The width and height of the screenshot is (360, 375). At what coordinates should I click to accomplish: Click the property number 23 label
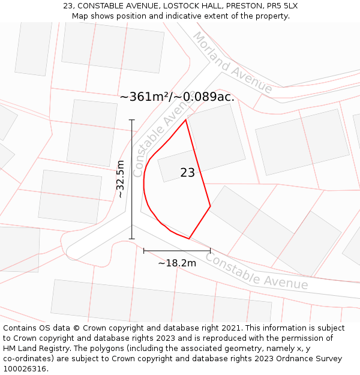tap(187, 173)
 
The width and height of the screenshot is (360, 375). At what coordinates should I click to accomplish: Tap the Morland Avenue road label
tap(232, 62)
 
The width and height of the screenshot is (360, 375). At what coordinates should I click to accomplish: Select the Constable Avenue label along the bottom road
tap(256, 272)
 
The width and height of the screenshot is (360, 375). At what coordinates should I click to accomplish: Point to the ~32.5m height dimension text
tap(121, 179)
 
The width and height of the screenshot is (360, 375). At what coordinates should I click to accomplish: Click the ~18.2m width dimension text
tap(177, 263)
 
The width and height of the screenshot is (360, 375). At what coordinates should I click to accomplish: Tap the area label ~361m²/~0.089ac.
tap(177, 97)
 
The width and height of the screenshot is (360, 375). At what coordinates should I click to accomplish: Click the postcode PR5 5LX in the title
tap(280, 6)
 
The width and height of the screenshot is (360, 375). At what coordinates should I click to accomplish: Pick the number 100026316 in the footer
tap(25, 369)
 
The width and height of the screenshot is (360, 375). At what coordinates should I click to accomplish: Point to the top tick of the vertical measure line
tap(132, 120)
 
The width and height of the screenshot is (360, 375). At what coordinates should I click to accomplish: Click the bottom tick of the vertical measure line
tap(132, 239)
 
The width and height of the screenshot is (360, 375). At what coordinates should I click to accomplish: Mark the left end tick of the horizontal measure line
tap(144, 251)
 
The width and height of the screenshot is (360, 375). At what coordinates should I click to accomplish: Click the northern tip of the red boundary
tap(186, 119)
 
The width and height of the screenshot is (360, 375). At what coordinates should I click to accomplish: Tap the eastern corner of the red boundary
tap(210, 206)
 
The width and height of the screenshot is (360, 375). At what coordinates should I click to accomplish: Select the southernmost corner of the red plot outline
tap(189, 239)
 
